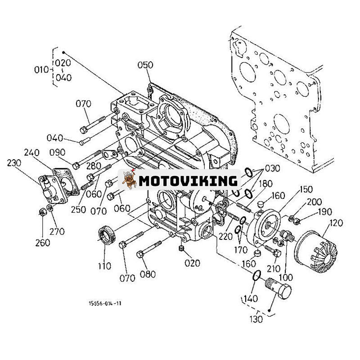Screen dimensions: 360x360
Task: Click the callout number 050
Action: tap(145, 65)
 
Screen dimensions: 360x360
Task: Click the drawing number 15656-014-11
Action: tap(105, 303)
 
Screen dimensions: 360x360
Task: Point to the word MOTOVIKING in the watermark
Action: tap(188, 181)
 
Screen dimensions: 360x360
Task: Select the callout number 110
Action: tap(104, 266)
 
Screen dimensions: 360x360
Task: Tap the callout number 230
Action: tap(14, 163)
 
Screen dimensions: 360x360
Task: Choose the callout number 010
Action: tap(41, 70)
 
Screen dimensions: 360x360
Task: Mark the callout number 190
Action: tap(324, 211)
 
